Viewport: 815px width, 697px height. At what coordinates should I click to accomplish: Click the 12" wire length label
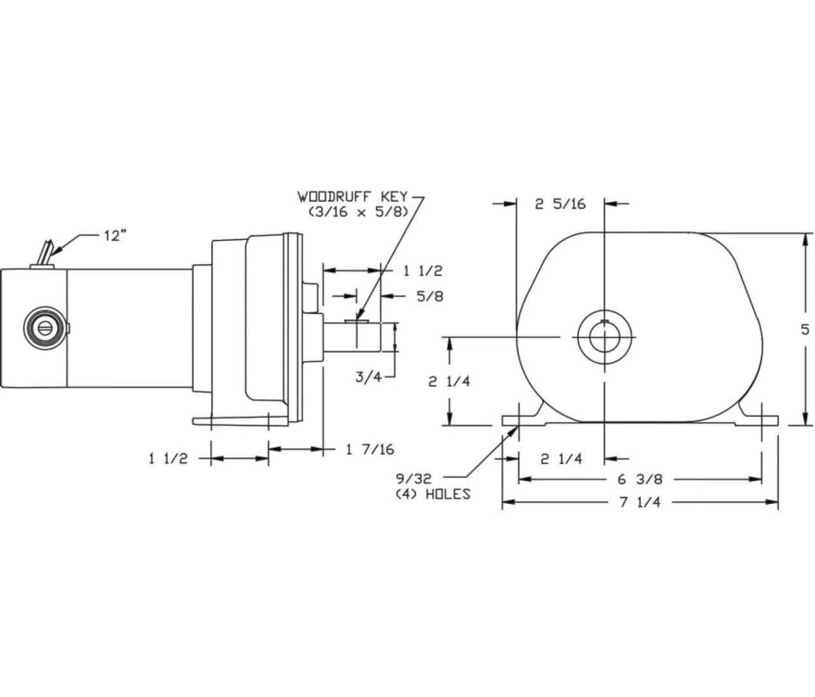click(x=115, y=236)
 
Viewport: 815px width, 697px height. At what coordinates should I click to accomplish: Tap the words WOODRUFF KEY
click(x=352, y=196)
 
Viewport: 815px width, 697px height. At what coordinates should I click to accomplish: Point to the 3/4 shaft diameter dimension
click(x=367, y=376)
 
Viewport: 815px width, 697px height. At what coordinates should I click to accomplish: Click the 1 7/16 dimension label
click(x=370, y=449)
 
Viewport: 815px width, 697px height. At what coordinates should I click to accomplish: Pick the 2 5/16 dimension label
click(x=560, y=204)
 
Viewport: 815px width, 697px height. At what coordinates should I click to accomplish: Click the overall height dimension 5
click(x=805, y=329)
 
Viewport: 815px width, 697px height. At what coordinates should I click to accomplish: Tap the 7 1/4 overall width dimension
click(x=640, y=502)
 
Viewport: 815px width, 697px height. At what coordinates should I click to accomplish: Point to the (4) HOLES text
click(x=433, y=494)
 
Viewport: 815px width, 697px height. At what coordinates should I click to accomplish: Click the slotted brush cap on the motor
click(x=45, y=327)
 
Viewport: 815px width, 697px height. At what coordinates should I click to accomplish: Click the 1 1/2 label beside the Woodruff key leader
click(x=422, y=271)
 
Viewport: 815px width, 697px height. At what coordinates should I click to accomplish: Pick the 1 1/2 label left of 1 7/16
click(x=168, y=458)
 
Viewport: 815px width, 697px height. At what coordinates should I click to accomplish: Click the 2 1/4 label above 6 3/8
click(x=561, y=458)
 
